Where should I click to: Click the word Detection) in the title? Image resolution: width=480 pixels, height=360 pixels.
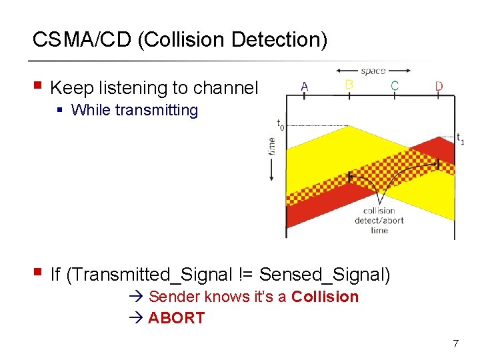coord(279,40)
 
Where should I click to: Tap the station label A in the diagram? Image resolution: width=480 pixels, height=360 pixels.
coord(305,86)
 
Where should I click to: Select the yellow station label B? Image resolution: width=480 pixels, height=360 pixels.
coord(349,85)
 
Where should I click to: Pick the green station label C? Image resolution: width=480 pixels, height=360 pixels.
coord(395,85)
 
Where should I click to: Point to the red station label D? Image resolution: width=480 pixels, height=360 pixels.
coord(439,86)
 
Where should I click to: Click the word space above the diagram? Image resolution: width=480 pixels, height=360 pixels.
coord(373,71)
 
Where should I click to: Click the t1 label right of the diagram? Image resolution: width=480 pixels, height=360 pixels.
coord(460,139)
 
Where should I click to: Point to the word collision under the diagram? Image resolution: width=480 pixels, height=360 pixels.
coord(379,211)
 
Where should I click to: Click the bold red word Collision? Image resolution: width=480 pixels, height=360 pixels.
coord(325,297)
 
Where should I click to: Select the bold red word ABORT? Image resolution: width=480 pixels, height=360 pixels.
coord(176,318)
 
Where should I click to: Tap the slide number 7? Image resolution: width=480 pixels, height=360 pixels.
coord(455,344)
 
